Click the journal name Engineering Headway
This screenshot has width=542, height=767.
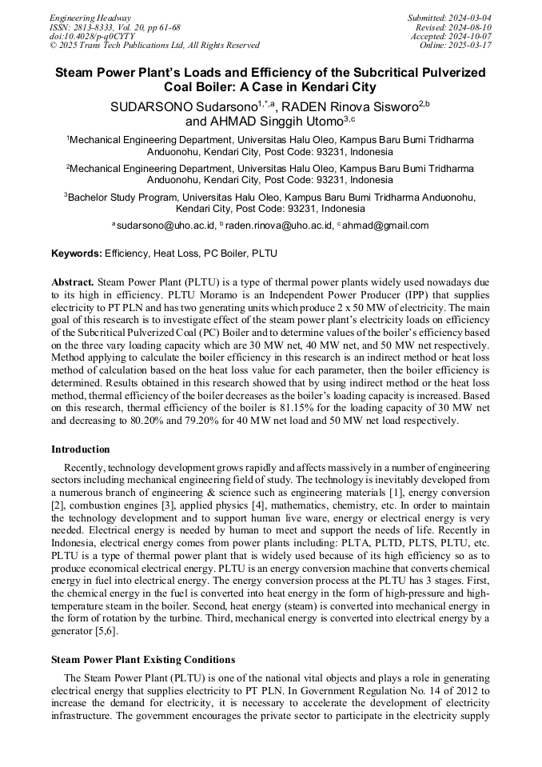pos(90,18)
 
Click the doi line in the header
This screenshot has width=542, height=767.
pos(92,37)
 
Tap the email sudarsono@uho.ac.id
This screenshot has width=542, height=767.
pos(165,226)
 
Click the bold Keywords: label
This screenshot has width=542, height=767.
pos(77,254)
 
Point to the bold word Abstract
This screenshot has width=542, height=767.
pos(73,283)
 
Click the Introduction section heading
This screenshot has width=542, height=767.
pos(81,449)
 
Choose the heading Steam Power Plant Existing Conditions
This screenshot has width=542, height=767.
pos(143,660)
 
